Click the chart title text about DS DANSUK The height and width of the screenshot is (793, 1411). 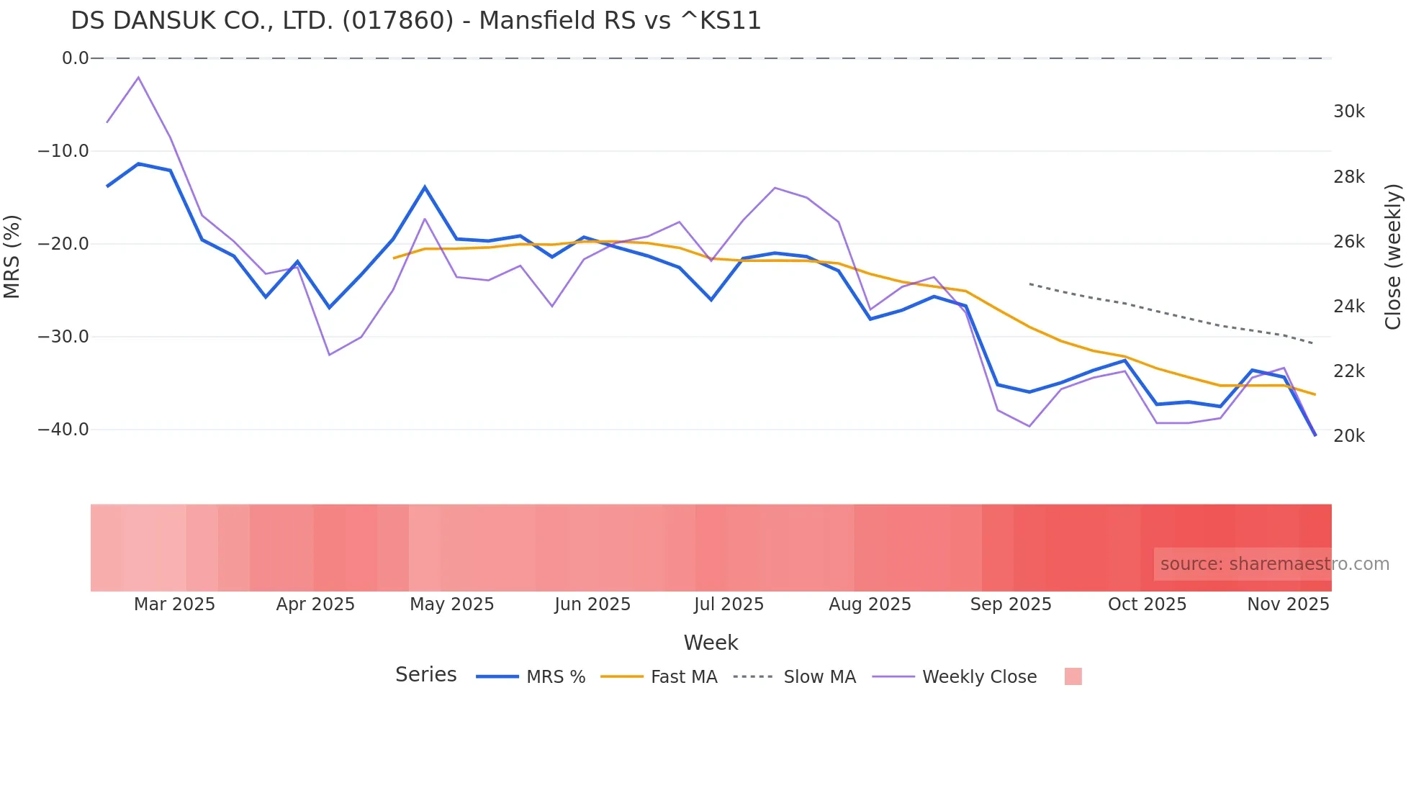(415, 21)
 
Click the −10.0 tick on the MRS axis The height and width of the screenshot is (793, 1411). (63, 151)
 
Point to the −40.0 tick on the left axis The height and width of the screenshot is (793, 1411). (63, 430)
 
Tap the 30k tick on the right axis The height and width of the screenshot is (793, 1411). (1348, 112)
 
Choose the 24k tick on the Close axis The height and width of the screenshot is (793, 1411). (1348, 307)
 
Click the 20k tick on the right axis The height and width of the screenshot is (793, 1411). (1348, 436)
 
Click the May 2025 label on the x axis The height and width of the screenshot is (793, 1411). (451, 604)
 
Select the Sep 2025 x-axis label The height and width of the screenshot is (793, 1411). (1010, 604)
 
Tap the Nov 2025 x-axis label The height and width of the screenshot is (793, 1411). (1287, 604)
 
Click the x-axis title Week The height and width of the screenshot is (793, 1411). (711, 643)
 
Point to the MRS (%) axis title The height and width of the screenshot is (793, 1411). (12, 256)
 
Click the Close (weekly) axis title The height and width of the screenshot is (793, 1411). (1394, 256)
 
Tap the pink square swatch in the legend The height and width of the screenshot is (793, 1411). (1073, 676)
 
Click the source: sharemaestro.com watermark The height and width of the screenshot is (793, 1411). (1274, 564)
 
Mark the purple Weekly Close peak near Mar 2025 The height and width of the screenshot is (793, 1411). (138, 77)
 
